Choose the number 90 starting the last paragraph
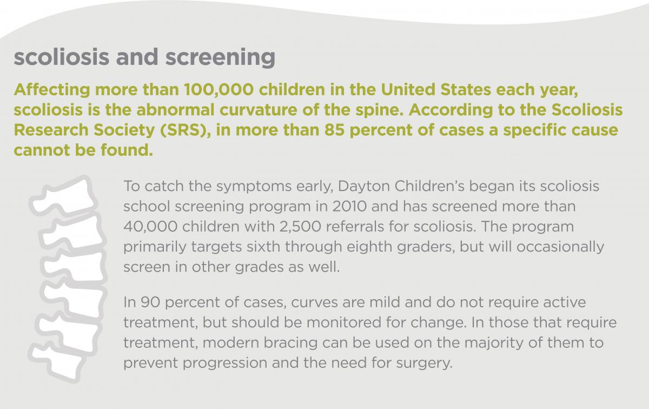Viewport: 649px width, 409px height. tap(149, 302)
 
